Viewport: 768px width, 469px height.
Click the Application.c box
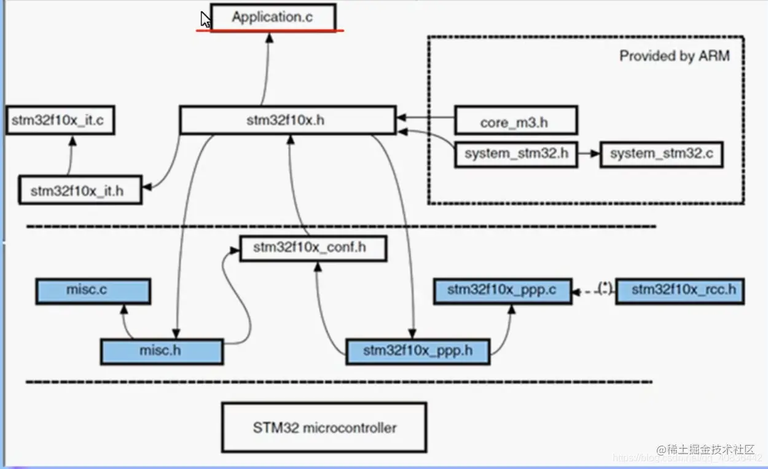(273, 17)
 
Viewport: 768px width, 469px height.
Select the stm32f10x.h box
(286, 120)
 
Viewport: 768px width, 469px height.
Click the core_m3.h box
(515, 120)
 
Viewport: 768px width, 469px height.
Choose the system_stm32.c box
(661, 154)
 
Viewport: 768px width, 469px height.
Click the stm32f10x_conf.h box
(312, 248)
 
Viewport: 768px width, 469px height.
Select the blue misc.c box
(92, 290)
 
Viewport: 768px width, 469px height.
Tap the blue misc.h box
(161, 351)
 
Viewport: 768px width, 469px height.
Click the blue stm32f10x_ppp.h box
(418, 351)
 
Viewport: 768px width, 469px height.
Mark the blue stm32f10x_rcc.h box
(680, 290)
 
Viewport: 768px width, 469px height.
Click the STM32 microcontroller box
(324, 427)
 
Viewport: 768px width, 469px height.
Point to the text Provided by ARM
(674, 56)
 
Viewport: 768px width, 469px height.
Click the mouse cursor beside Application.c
(205, 19)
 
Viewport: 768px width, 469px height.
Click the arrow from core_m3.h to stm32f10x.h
(425, 116)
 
